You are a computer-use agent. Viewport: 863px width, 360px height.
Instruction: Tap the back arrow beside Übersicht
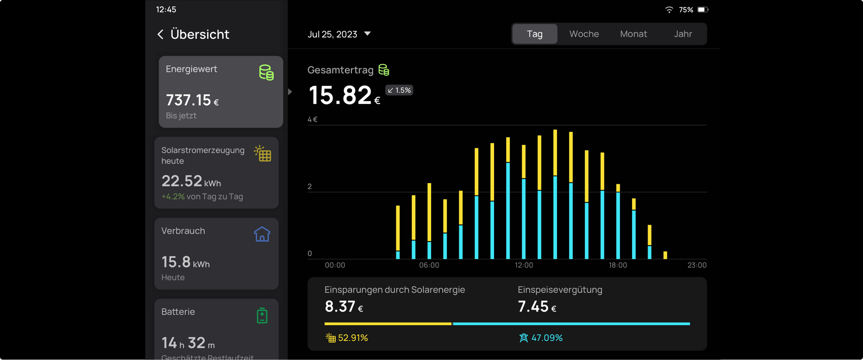[x=161, y=35]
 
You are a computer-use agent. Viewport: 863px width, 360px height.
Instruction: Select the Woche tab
[x=584, y=34]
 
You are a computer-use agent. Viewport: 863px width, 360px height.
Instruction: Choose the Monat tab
[x=633, y=34]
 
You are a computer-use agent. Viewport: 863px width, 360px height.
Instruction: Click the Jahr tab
[x=683, y=34]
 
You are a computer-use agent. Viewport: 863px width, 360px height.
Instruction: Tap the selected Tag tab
[x=535, y=34]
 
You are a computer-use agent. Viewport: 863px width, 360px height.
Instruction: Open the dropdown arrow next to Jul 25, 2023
[x=367, y=34]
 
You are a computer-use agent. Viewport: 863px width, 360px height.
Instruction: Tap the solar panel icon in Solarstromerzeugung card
[x=263, y=154]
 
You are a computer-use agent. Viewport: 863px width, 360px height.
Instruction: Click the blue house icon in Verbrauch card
[x=262, y=234]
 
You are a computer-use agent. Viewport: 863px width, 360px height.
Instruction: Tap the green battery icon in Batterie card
[x=262, y=316]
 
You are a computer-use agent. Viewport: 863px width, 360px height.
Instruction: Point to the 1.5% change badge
[x=399, y=90]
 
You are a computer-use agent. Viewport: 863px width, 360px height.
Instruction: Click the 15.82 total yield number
[x=340, y=95]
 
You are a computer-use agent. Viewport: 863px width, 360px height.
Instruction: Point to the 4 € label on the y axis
[x=312, y=120]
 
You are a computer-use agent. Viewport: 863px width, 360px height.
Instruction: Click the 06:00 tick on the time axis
[x=429, y=265]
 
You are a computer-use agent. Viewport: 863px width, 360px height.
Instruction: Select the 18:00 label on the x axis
[x=617, y=265]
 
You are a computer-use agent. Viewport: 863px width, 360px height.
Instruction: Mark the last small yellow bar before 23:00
[x=665, y=255]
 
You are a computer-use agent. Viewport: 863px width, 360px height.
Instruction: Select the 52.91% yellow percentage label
[x=353, y=338]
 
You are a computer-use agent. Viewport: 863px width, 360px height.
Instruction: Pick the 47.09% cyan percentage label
[x=547, y=338]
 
